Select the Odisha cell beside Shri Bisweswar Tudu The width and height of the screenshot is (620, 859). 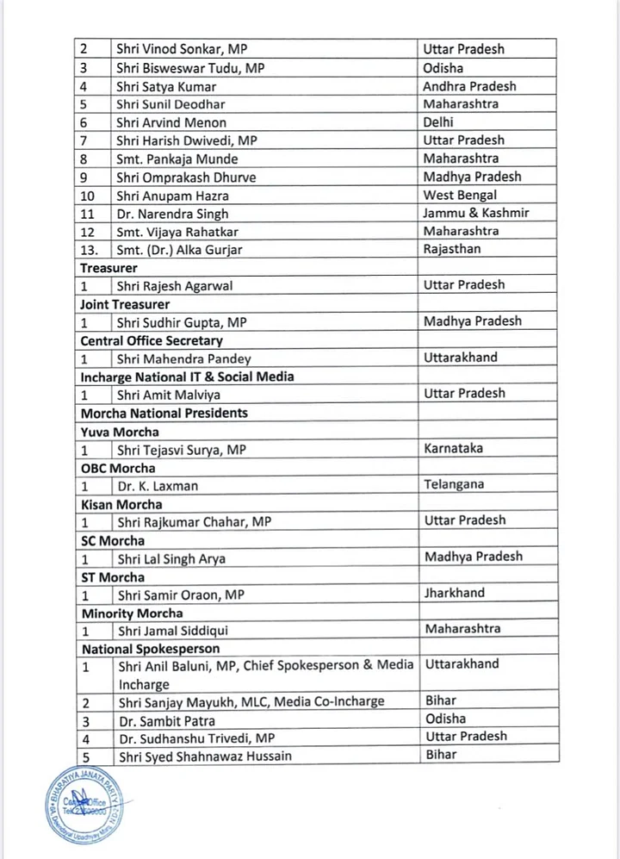(x=444, y=67)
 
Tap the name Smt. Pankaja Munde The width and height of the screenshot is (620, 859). (x=177, y=159)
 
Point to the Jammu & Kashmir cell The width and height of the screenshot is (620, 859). (x=476, y=213)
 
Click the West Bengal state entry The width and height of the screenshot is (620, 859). (x=457, y=195)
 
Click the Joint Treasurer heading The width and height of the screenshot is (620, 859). (x=125, y=304)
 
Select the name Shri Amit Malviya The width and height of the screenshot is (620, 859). (x=169, y=395)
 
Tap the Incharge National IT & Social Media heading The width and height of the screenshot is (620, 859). (x=188, y=377)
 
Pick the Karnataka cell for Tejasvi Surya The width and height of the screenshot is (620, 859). (x=453, y=449)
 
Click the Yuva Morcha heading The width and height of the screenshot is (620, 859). (x=120, y=432)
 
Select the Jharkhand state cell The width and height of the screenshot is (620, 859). (x=454, y=593)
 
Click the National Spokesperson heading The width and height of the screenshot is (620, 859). (x=151, y=649)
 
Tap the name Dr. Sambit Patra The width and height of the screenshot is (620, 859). (x=167, y=721)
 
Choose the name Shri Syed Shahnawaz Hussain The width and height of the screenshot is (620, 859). (x=205, y=756)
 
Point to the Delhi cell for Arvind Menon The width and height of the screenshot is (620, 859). (x=438, y=122)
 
